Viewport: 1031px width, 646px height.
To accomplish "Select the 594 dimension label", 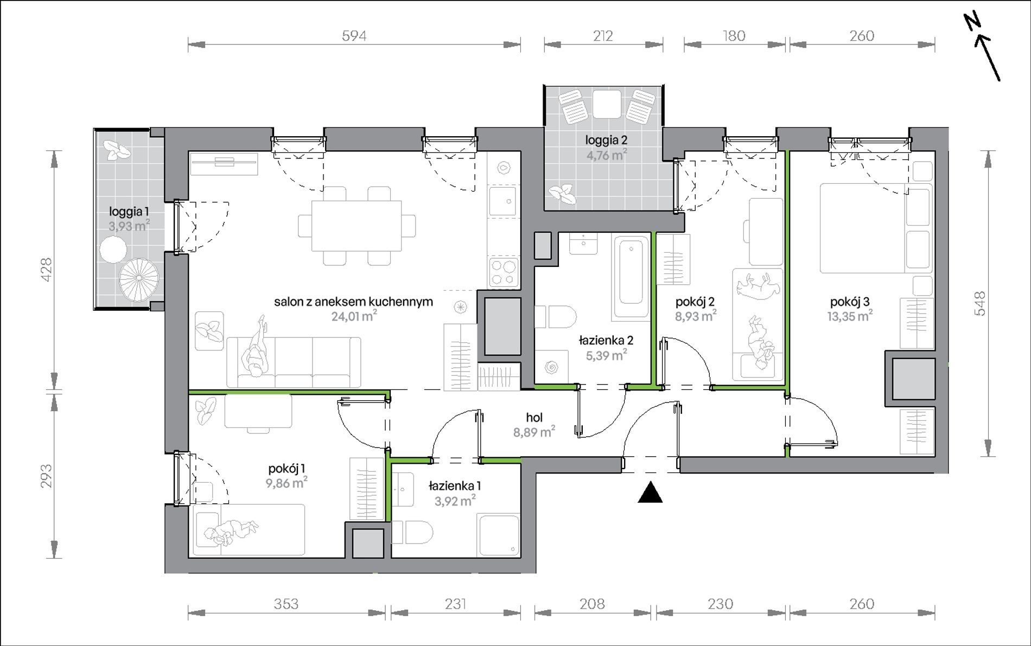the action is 354,36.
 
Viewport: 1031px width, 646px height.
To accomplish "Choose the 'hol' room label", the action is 534,417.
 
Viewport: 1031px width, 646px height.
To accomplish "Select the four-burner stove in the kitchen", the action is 504,272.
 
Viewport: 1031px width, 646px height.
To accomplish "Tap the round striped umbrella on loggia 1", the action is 139,278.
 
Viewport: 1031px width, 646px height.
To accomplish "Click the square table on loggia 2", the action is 607,104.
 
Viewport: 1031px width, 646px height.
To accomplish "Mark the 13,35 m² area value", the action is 850,316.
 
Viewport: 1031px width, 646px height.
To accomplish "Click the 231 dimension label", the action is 455,604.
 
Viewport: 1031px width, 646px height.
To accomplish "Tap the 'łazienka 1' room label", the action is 455,486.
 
